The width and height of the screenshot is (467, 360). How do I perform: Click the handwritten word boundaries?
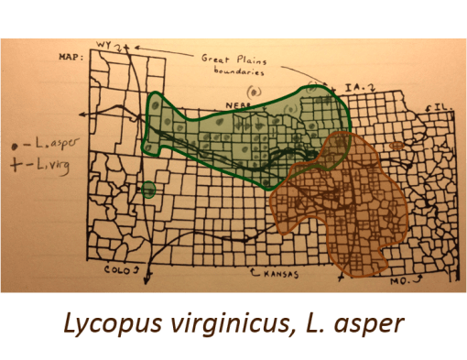[x=229, y=68]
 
